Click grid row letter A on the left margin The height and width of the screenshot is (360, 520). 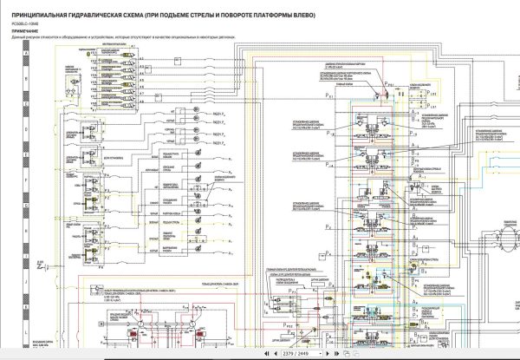[x=29, y=53]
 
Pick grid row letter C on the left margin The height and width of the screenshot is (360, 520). [x=29, y=106]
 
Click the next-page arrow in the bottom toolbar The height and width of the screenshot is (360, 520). [x=327, y=353]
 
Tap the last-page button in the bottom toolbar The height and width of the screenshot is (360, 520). [x=337, y=353]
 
